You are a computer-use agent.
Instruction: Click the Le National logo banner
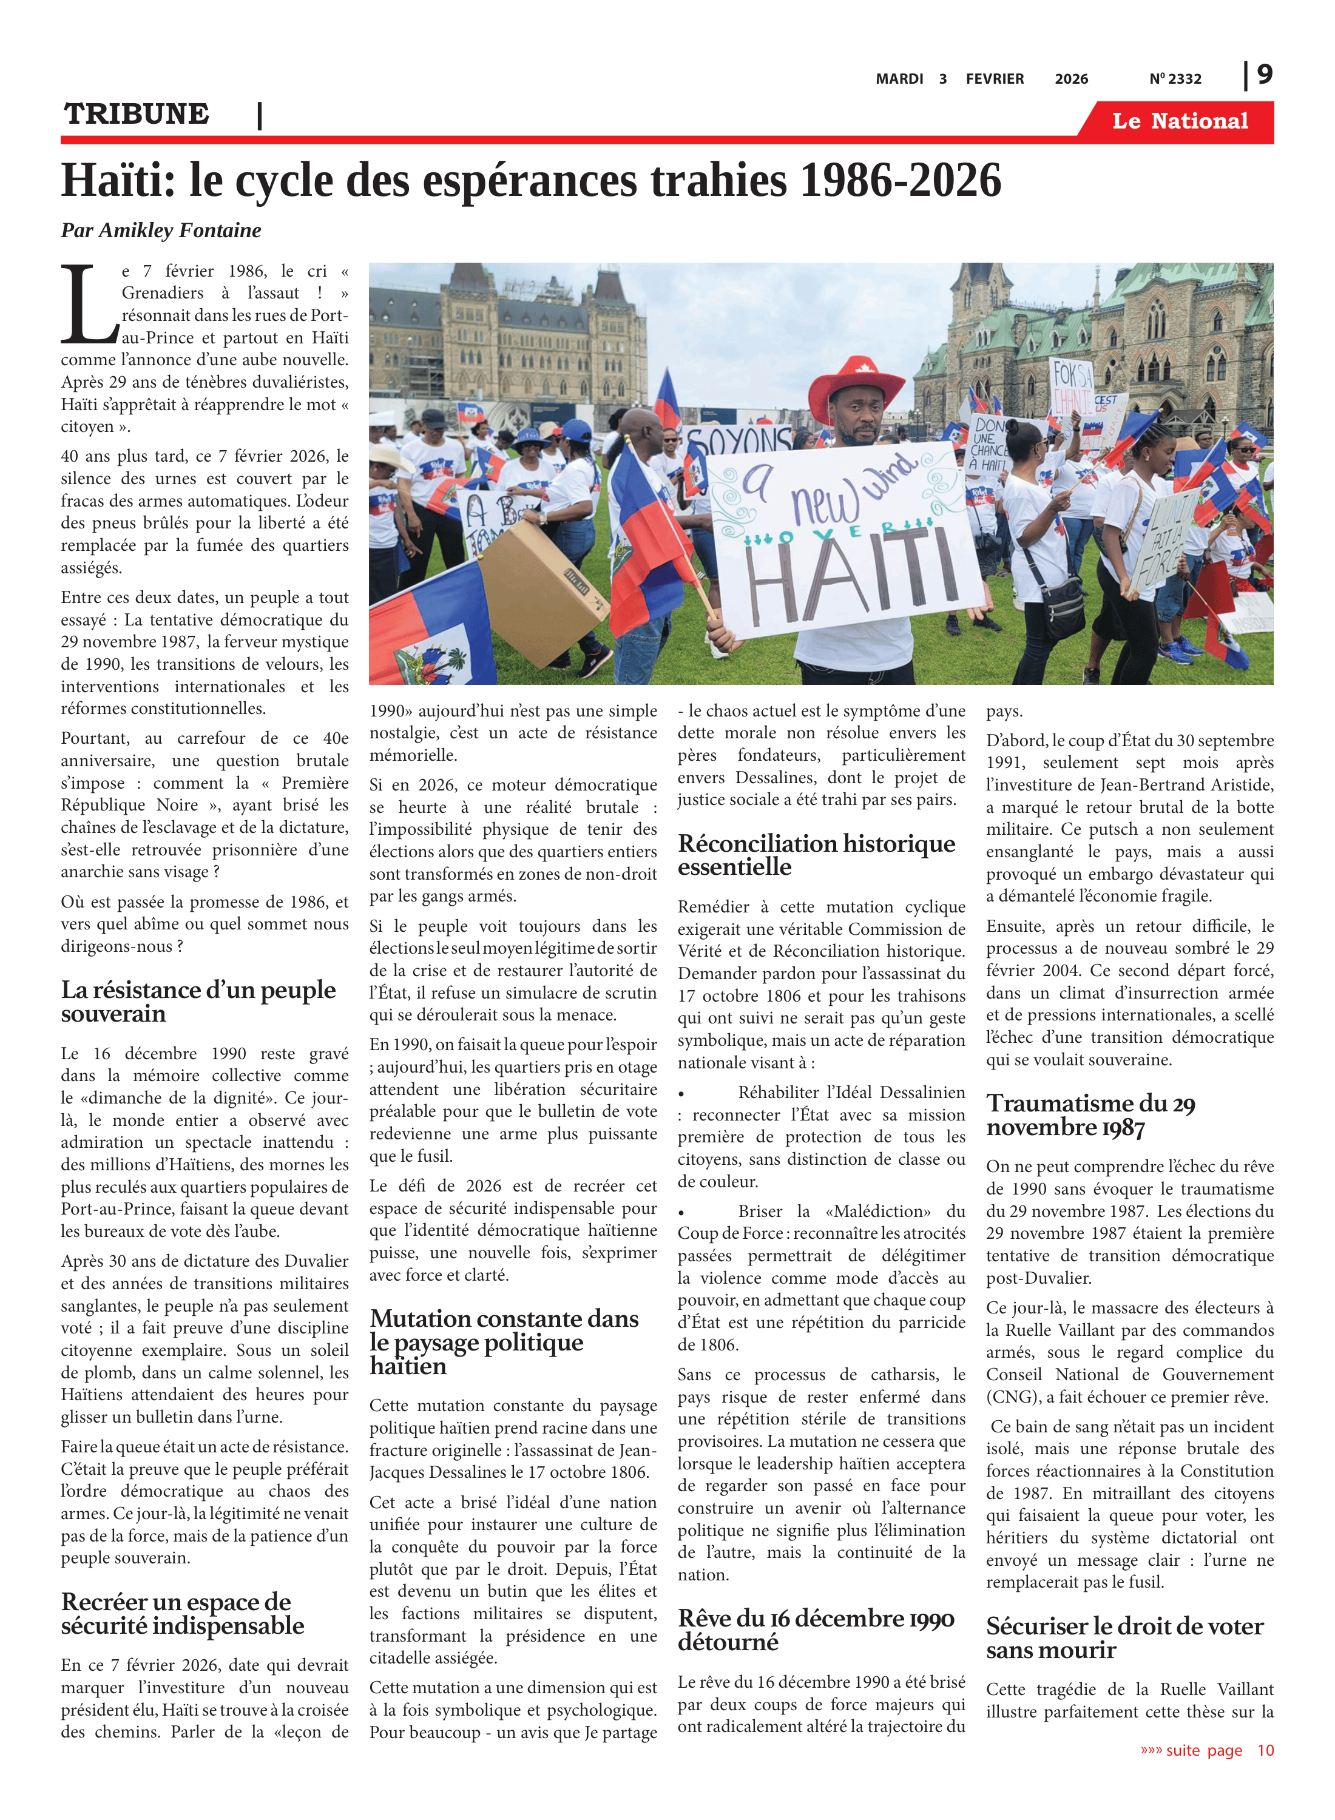coord(1180,121)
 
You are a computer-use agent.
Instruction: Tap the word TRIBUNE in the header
coord(137,114)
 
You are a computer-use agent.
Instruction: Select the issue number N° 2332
coord(1175,79)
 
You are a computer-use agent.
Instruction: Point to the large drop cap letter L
coord(89,305)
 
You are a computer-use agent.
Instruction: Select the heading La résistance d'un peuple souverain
coord(198,1001)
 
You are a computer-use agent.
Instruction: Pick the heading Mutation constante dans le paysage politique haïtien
coord(504,1342)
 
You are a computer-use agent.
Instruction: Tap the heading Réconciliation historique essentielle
coord(816,855)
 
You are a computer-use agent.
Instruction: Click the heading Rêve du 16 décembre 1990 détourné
coord(816,1630)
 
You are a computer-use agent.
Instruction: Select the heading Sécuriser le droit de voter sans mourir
coord(1124,1637)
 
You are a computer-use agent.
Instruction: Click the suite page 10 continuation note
coord(1206,1750)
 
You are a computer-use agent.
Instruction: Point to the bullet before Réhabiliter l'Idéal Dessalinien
coord(682,1094)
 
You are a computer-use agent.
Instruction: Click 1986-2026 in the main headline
coord(901,180)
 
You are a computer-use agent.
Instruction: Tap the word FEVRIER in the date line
coord(995,79)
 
